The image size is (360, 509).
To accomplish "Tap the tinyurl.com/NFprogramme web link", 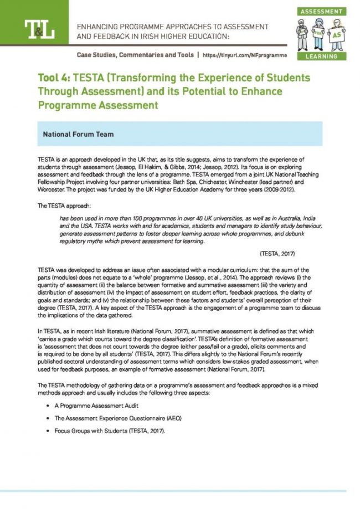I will pyautogui.click(x=245, y=55).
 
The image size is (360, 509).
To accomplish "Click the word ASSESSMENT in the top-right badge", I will pyautogui.click(x=321, y=11).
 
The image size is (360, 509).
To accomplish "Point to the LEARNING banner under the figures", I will pyautogui.click(x=321, y=56).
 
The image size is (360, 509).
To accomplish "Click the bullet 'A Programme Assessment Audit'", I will pyautogui.click(x=93, y=406).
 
